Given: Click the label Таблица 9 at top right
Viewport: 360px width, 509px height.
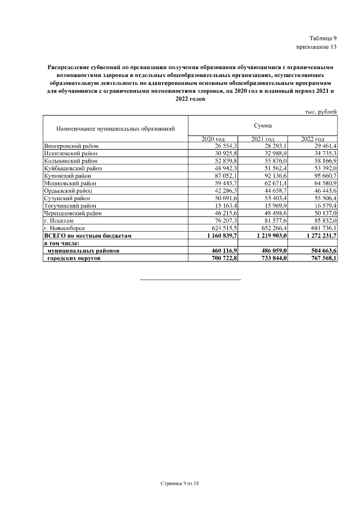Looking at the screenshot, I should click(323, 37).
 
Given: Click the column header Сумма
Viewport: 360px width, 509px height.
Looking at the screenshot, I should click(262, 126).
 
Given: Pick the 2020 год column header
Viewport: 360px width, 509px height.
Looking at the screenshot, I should click(213, 139).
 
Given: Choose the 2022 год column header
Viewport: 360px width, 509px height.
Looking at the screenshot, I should click(312, 139).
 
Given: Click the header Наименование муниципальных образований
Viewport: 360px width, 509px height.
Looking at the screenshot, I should click(115, 129).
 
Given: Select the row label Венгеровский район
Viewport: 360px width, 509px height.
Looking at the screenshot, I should click(71, 146).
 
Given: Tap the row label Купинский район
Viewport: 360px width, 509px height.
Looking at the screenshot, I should click(67, 176).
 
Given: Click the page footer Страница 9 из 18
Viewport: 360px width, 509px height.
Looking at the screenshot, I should click(179, 483).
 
